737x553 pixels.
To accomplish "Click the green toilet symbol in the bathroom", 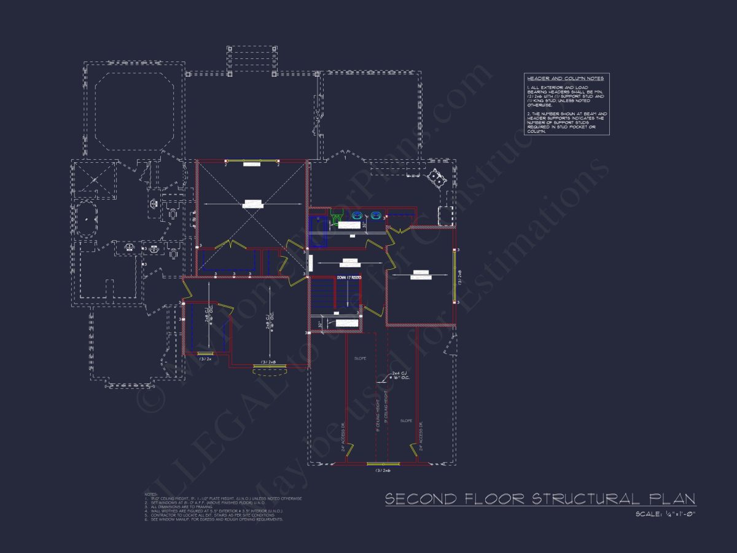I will [336, 216].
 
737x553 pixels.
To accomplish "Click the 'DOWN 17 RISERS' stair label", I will [348, 278].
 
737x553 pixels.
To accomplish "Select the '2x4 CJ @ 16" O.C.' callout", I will [392, 377].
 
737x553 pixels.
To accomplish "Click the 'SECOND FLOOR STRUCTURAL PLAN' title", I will [540, 498].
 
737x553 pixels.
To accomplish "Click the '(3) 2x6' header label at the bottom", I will [383, 471].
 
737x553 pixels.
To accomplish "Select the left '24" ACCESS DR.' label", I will [343, 436].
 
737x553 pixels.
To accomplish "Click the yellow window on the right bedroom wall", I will [454, 276].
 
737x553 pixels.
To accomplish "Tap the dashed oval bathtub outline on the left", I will [86, 219].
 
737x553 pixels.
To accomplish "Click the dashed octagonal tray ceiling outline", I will [134, 111].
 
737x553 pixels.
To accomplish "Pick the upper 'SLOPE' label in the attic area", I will [360, 358].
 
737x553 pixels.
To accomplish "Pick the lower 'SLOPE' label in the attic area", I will [406, 421].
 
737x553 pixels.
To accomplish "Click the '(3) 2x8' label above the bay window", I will [269, 362].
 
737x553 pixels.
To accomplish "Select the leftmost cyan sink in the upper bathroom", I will [357, 216].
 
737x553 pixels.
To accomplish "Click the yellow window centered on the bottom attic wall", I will [383, 464].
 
